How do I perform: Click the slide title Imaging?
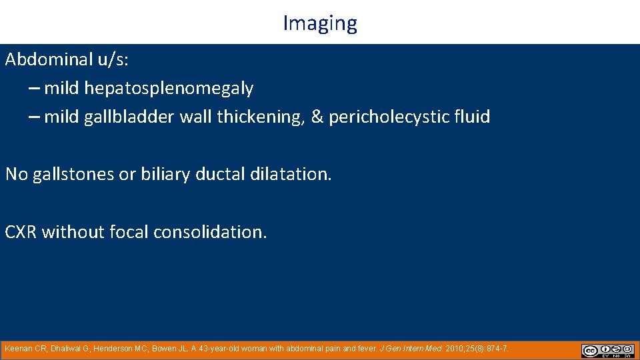coord(320,23)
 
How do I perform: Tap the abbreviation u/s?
coord(113,59)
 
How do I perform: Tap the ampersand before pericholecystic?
coord(317,117)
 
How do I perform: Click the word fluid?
coord(473,117)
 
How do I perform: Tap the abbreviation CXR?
coord(21,232)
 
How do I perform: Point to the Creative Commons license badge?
coord(608,351)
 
